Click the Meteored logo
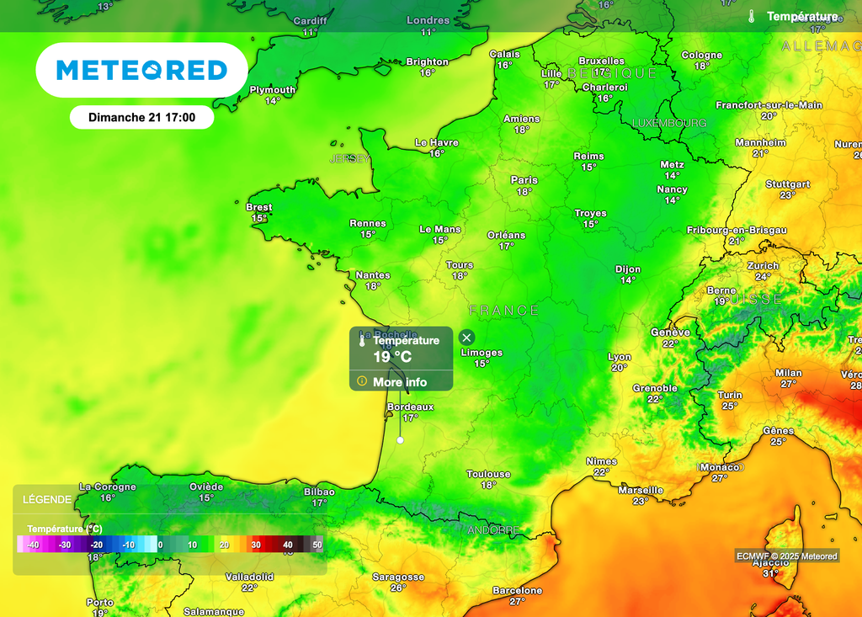pos(141,70)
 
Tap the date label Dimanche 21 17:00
pos(141,118)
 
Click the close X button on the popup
pos(467,338)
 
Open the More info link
pos(400,382)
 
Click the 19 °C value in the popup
pos(393,357)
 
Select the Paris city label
pos(524,180)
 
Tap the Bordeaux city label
pos(410,407)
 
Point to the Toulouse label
pos(488,475)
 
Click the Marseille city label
pos(641,490)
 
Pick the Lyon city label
pos(620,358)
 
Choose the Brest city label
pos(259,207)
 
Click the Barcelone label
pos(517,591)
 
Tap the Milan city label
pos(789,373)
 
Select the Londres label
pos(428,20)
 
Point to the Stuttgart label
pos(788,184)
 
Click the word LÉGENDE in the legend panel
pos(46,499)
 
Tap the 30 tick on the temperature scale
pos(256,545)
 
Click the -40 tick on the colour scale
pos(33,545)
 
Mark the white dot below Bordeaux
pos(401,439)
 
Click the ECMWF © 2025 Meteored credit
pos(787,556)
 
